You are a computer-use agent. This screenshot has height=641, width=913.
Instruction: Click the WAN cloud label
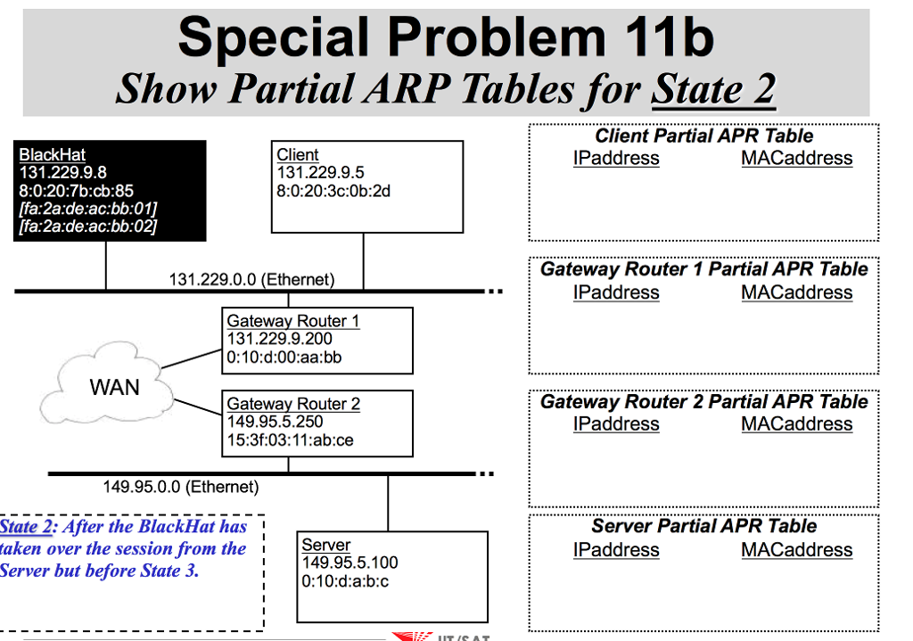(114, 387)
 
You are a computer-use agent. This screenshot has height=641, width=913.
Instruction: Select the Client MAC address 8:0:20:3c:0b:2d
(333, 190)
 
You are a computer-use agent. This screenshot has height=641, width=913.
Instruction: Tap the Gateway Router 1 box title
(292, 321)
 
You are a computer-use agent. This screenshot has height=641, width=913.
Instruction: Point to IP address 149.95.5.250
(275, 422)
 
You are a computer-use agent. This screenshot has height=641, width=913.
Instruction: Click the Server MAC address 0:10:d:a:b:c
(345, 581)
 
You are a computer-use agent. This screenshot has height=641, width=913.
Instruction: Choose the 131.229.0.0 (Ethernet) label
(251, 280)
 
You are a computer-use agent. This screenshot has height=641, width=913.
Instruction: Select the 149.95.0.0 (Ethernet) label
(180, 487)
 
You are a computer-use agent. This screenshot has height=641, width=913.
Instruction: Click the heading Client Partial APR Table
(703, 136)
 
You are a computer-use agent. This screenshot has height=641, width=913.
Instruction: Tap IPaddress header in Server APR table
(616, 550)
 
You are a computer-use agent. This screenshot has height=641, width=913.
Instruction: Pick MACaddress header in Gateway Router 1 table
(796, 292)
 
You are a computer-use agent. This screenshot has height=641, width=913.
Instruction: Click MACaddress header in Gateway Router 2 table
(796, 424)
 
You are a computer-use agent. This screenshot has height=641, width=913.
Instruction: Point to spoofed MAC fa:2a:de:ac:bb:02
(87, 226)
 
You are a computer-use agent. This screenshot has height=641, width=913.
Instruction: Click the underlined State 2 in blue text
(24, 526)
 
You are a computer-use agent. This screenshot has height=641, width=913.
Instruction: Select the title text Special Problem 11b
(446, 37)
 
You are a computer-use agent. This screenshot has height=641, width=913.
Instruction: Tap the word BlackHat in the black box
(52, 154)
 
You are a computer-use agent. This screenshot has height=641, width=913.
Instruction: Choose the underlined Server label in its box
(325, 545)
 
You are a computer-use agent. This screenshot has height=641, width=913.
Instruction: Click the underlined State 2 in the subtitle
(713, 89)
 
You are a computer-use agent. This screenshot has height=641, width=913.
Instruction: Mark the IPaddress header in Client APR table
(616, 159)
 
